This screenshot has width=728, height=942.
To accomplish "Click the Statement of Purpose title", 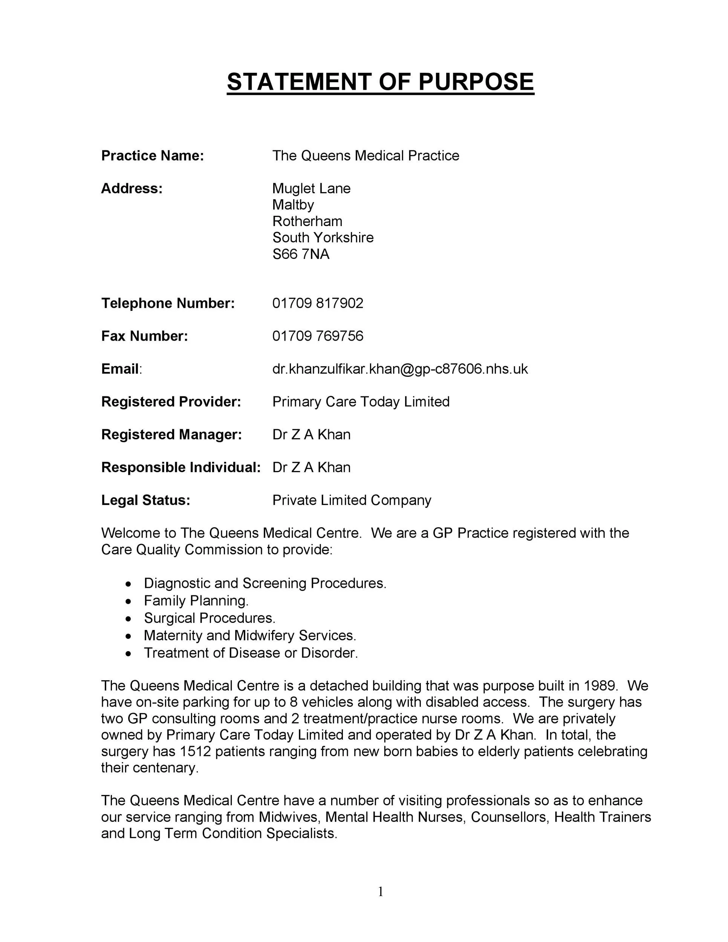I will (x=380, y=81).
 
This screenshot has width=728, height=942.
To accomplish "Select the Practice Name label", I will (x=152, y=156).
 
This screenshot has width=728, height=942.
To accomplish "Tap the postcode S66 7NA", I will (x=301, y=254).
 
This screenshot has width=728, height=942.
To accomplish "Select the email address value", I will (x=400, y=369).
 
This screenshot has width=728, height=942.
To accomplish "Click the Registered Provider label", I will (x=171, y=402).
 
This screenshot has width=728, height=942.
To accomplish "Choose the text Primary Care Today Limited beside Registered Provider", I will (x=361, y=402).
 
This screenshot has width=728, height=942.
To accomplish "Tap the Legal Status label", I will (x=145, y=500).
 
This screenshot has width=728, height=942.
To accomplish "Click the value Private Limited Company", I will (x=352, y=500).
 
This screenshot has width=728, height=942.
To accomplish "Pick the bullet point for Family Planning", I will (x=128, y=601).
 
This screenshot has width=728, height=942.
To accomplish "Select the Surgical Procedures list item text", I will (x=210, y=618).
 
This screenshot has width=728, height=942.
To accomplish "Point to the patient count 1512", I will (x=195, y=751).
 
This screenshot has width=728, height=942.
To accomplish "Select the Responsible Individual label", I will (x=181, y=467).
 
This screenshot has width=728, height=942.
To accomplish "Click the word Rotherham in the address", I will (x=307, y=221).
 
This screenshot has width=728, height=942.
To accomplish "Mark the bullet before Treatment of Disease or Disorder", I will (x=128, y=653).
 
